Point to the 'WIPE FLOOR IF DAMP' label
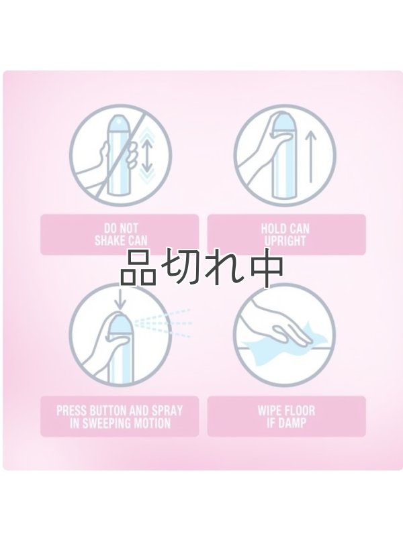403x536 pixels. pyautogui.click(x=287, y=416)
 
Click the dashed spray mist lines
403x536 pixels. pyautogui.click(x=165, y=323)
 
